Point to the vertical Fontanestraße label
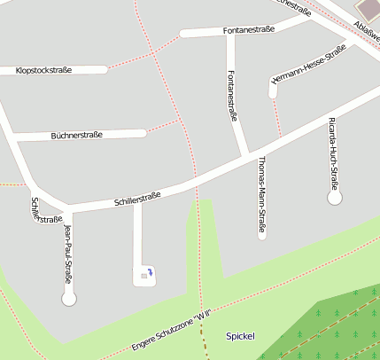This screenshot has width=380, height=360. pyautogui.click(x=232, y=95)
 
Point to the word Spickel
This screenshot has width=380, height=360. pyautogui.click(x=240, y=336)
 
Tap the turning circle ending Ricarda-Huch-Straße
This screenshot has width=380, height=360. pyautogui.click(x=335, y=199)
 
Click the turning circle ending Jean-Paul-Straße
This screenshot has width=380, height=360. pyautogui.click(x=69, y=299)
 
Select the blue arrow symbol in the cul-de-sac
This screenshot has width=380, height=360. pyautogui.click(x=150, y=272)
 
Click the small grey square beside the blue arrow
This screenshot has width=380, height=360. pyautogui.click(x=141, y=277)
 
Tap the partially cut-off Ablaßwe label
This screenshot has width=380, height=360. pyautogui.click(x=365, y=29)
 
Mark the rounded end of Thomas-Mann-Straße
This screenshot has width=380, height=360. pyautogui.click(x=262, y=235)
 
